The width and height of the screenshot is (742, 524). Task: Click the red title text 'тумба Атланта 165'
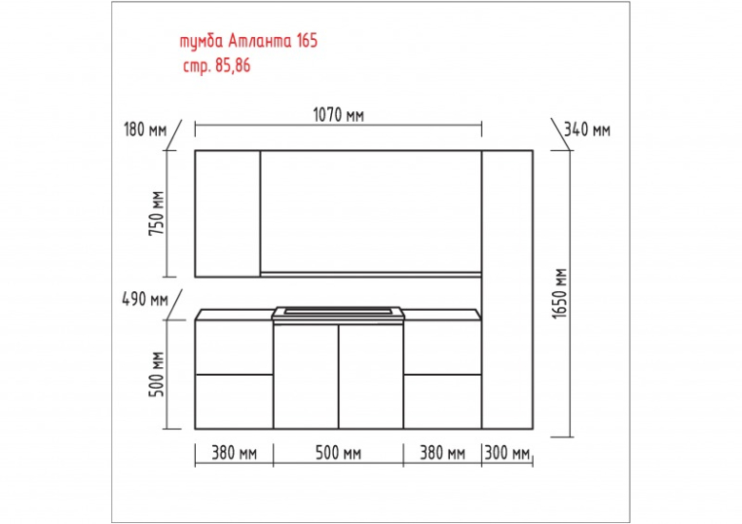pos(248,41)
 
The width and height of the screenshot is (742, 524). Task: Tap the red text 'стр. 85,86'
pos(217,65)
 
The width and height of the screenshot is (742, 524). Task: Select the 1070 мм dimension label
pos(338,115)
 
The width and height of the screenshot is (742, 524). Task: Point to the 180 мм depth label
pos(145,130)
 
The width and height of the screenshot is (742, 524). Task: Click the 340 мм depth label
pos(587,130)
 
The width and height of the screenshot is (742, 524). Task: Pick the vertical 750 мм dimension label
pos(157,213)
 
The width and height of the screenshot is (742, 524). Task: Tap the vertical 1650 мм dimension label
pos(559,293)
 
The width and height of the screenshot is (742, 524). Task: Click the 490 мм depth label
pos(145,299)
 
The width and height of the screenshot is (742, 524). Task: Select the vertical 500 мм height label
pos(157,374)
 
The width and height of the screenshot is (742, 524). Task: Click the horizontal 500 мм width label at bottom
pos(338,453)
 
